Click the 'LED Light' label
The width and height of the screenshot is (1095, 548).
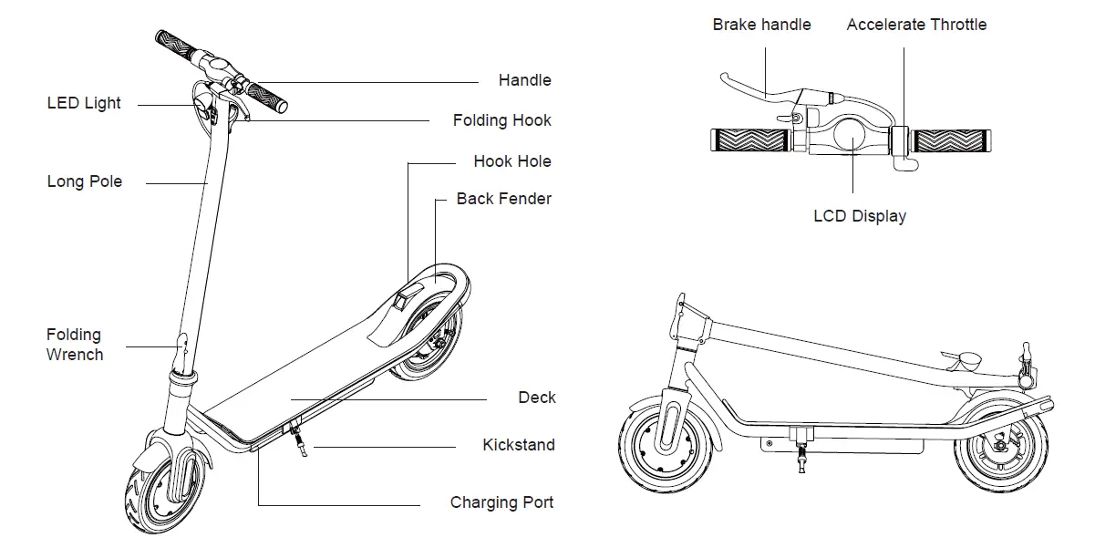[84, 104]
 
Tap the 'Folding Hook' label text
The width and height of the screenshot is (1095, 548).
[501, 120]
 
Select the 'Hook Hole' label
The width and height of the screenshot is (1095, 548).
[511, 161]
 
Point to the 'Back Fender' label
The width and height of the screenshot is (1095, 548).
[503, 199]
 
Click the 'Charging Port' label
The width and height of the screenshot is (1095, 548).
[501, 502]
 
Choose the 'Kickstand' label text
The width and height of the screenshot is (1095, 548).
[518, 445]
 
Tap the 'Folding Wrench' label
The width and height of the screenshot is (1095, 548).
[75, 345]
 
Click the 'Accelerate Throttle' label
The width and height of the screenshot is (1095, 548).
[915, 25]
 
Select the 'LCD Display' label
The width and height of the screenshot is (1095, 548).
[859, 216]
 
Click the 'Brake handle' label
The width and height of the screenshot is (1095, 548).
[761, 25]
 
